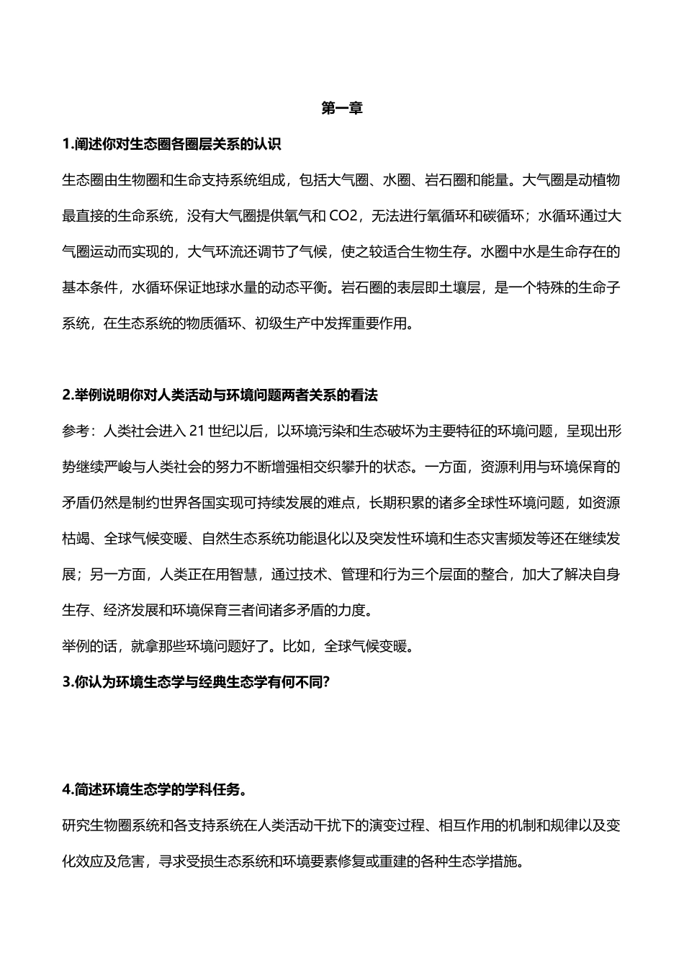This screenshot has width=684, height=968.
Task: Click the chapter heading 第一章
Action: point(342,109)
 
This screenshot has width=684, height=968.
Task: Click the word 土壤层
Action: point(463,287)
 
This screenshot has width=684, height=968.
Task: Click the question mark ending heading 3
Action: point(326,682)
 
